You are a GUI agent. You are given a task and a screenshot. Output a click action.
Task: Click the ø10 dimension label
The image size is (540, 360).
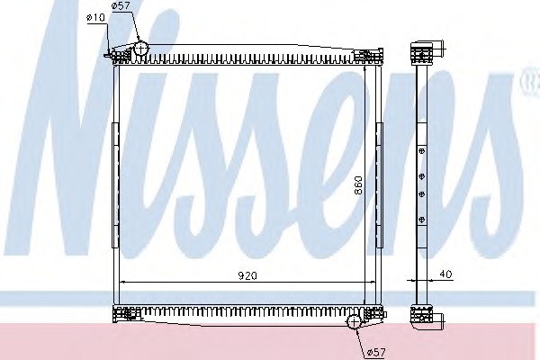tap(95, 17)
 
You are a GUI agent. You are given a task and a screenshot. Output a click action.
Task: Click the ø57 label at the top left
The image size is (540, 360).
tap(121, 5)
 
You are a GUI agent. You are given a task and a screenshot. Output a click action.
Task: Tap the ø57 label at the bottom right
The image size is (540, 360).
tap(376, 352)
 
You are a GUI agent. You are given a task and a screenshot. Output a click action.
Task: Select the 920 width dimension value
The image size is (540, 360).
tap(247, 275)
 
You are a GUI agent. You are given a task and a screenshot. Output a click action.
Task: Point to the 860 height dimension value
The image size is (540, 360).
tap(358, 185)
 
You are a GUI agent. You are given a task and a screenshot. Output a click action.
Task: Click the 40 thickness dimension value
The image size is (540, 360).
tap(445, 274)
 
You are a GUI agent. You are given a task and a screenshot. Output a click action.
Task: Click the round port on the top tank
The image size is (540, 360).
tap(140, 49)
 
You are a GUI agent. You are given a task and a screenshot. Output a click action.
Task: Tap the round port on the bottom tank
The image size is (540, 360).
tap(354, 322)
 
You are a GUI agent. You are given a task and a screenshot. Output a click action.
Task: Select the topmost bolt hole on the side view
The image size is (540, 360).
tap(421, 150)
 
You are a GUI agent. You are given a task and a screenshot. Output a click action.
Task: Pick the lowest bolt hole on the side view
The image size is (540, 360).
tap(421, 220)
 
